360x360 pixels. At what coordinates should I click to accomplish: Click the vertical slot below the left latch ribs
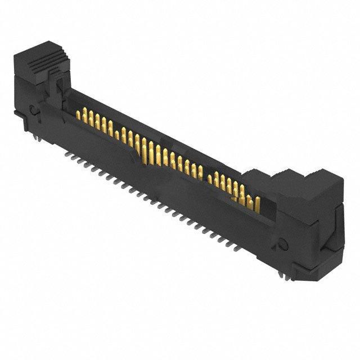click(x=57, y=87)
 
